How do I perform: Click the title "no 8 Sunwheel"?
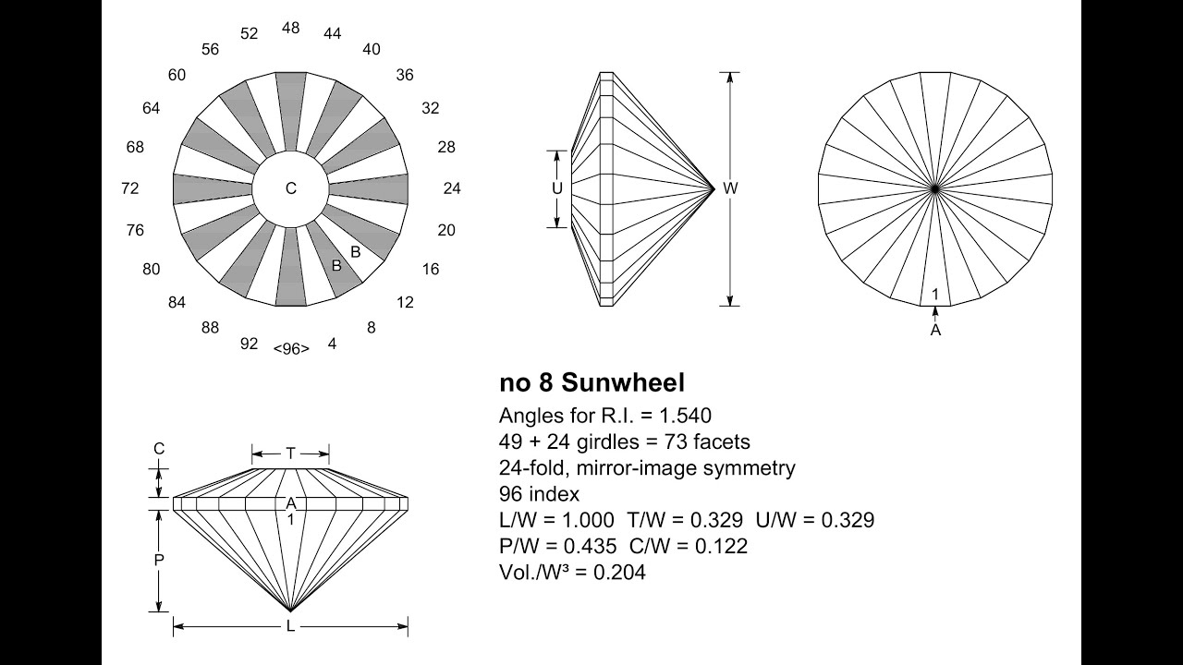pyautogui.click(x=591, y=382)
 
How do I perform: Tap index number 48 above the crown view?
pyautogui.click(x=290, y=28)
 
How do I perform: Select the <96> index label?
pyautogui.click(x=290, y=348)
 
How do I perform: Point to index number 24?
pyautogui.click(x=451, y=188)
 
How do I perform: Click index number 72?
pyautogui.click(x=129, y=188)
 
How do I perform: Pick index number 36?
pyautogui.click(x=404, y=75)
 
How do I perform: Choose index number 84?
pyautogui.click(x=177, y=302)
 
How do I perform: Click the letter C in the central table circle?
pyautogui.click(x=290, y=188)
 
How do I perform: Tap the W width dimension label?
pyautogui.click(x=730, y=188)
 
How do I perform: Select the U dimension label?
pyautogui.click(x=556, y=188)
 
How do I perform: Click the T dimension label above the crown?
pyautogui.click(x=290, y=453)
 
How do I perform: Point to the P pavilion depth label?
pyautogui.click(x=159, y=560)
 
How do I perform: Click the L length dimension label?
pyautogui.click(x=290, y=627)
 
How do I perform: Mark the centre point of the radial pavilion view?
pyautogui.click(x=935, y=188)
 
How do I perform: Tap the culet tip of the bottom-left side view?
pyautogui.click(x=290, y=611)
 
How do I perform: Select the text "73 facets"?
pyautogui.click(x=711, y=441)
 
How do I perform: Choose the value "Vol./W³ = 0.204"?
pyautogui.click(x=572, y=573)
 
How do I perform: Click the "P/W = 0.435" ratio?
pyautogui.click(x=557, y=546)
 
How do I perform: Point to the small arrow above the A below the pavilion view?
pyautogui.click(x=935, y=313)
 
